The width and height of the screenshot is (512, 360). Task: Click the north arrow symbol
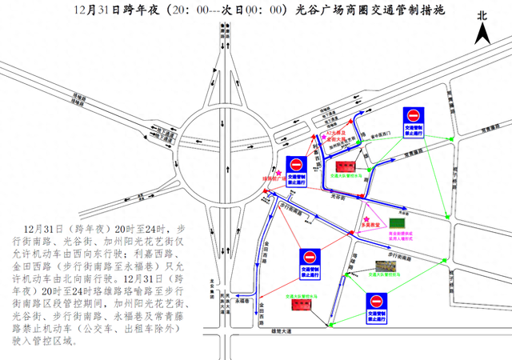(484, 35)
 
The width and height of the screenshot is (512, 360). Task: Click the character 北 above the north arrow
(482, 14)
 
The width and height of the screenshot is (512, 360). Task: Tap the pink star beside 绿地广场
(278, 171)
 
